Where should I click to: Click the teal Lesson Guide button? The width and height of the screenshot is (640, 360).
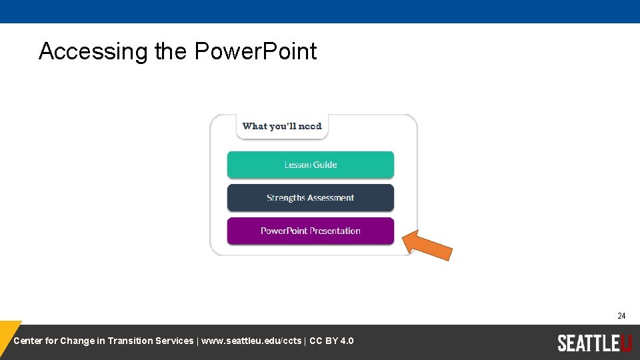310,165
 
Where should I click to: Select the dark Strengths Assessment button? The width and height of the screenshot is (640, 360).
310,198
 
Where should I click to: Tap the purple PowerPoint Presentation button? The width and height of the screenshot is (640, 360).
310,231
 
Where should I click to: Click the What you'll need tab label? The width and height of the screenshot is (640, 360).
282,126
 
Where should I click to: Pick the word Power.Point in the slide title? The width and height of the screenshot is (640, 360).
255,51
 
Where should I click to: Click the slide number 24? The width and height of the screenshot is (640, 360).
621,316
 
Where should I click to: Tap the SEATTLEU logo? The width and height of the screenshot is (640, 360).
594,343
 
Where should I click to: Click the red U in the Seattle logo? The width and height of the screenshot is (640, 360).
625,343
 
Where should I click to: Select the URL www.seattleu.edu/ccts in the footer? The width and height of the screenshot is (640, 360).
251,341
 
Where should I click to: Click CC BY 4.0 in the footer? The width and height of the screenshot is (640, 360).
331,341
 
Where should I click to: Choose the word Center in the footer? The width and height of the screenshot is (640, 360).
28,341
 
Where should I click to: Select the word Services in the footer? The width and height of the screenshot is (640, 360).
174,341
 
